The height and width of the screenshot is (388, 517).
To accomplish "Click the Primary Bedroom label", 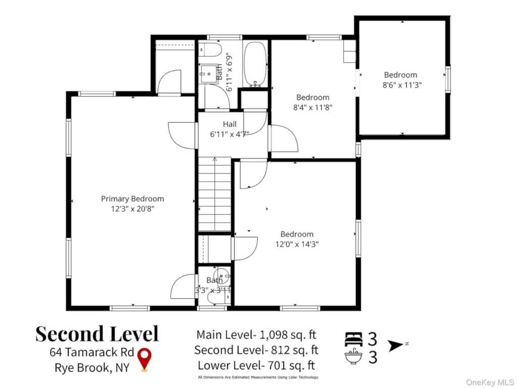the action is (x=132, y=199).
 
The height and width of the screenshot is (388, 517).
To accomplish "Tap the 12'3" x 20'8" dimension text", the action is (x=133, y=209).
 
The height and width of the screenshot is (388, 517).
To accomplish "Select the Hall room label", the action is (x=230, y=124).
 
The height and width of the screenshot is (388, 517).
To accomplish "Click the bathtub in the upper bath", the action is (x=255, y=64).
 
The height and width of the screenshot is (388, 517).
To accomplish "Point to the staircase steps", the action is (x=215, y=195).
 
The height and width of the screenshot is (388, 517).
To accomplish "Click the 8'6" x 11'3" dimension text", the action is (x=402, y=85).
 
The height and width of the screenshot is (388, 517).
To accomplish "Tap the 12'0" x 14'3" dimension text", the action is (x=297, y=245).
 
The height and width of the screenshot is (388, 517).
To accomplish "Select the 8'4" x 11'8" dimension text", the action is (x=313, y=108).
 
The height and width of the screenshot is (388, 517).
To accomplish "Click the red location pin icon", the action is (x=144, y=360).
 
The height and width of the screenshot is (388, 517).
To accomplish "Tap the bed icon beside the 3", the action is (x=353, y=339).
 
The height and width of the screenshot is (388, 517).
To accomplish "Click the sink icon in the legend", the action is (x=353, y=356).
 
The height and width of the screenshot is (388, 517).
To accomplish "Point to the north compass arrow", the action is (x=396, y=346).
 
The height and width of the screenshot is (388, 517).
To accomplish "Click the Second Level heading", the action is (x=97, y=333).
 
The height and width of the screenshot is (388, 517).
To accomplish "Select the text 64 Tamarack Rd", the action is (x=92, y=352).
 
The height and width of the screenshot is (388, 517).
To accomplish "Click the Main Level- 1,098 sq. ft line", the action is (x=256, y=335).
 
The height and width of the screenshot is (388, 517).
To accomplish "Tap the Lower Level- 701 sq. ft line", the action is (x=256, y=366).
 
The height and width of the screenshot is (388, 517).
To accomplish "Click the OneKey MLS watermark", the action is (x=490, y=382).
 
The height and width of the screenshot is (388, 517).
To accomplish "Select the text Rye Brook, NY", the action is (x=92, y=368).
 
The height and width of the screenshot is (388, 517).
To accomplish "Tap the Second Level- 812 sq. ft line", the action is (x=256, y=350).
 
